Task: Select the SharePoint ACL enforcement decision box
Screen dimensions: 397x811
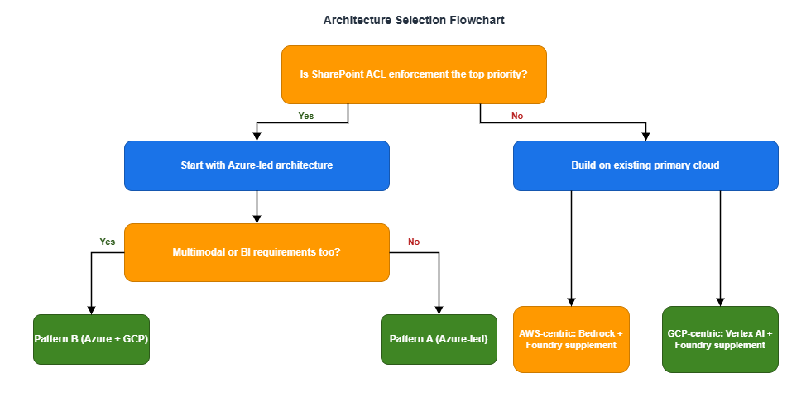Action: click(x=414, y=74)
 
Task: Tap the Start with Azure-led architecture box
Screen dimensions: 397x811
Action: click(x=257, y=165)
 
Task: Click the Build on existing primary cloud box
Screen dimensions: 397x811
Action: click(x=645, y=165)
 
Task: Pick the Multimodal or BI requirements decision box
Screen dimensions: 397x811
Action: click(x=257, y=252)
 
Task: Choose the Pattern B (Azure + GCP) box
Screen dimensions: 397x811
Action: click(x=91, y=339)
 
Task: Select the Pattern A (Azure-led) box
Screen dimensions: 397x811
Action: click(x=439, y=339)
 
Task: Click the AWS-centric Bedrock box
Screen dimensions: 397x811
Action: click(x=571, y=339)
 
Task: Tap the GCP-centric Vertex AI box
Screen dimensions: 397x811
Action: click(x=720, y=339)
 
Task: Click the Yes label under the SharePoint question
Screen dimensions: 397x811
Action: click(x=306, y=116)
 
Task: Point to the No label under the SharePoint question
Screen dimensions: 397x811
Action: click(x=517, y=116)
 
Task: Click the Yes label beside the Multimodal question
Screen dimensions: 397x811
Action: click(x=108, y=242)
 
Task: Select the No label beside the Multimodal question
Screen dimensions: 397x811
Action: click(x=414, y=242)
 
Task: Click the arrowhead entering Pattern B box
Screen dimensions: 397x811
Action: click(x=91, y=309)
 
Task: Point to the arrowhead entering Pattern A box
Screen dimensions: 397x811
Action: click(x=439, y=309)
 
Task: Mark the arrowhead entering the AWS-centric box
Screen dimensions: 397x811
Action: click(x=571, y=301)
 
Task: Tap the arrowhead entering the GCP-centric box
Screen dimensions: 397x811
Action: click(x=720, y=301)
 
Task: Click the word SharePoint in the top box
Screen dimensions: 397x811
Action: click(x=338, y=74)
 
